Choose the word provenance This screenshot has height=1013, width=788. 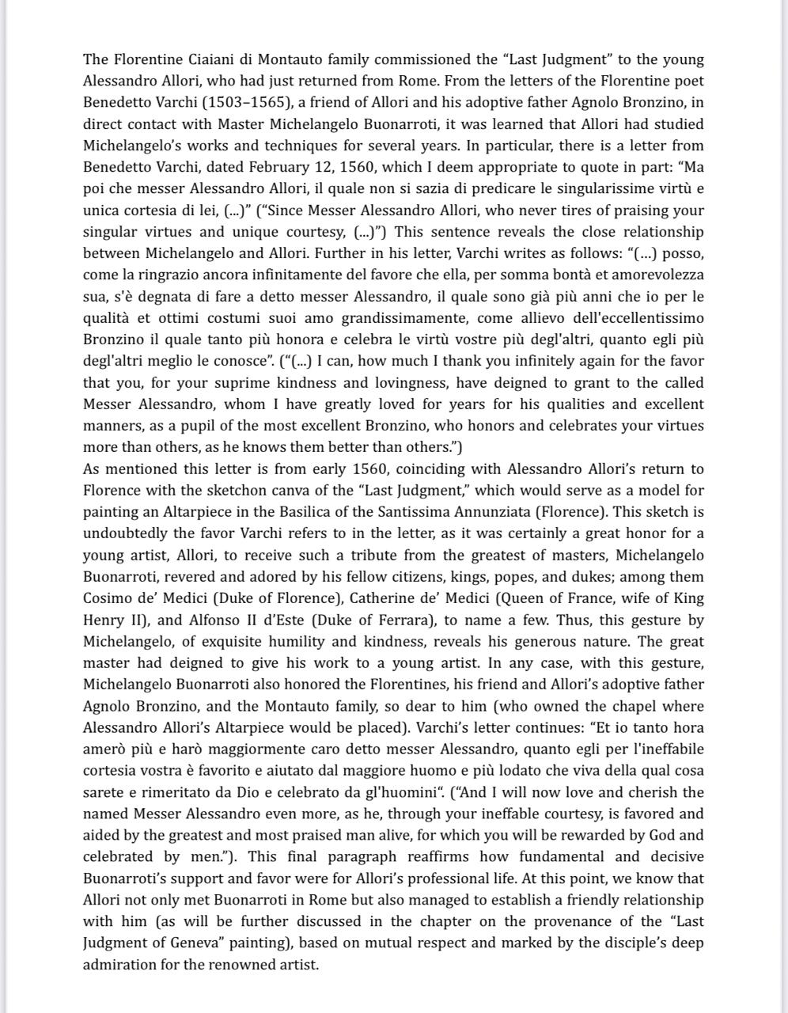(x=548, y=921)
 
